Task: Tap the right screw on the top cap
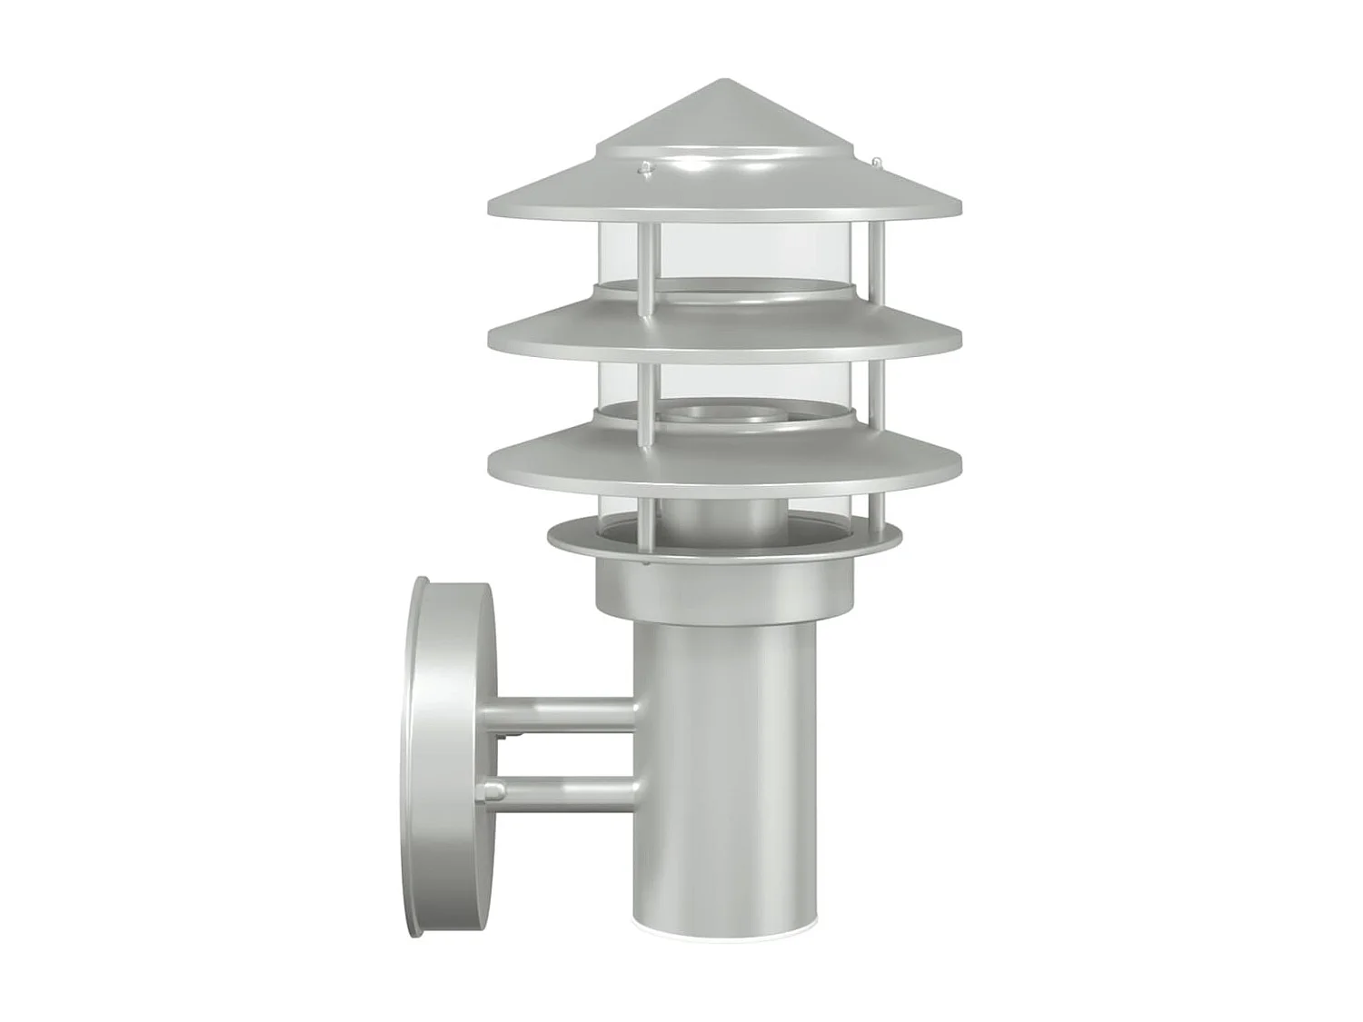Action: pyautogui.click(x=877, y=163)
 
